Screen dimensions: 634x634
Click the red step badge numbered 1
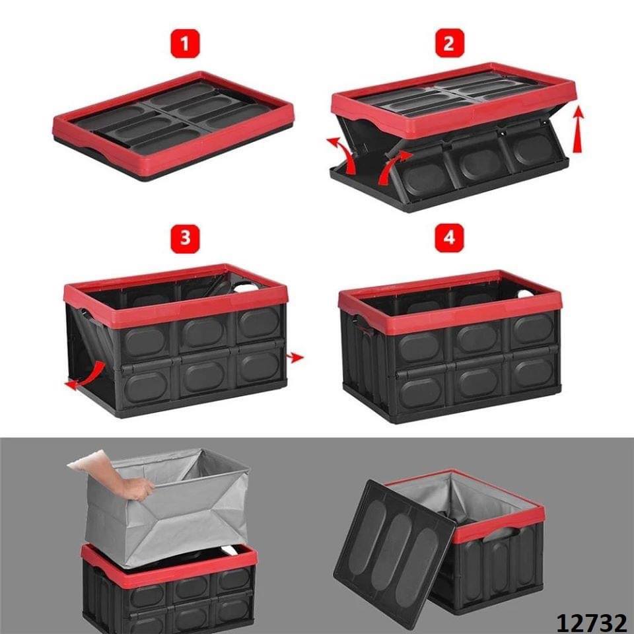pyautogui.click(x=185, y=44)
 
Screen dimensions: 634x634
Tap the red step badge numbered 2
pyautogui.click(x=450, y=44)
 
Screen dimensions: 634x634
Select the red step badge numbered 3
pyautogui.click(x=185, y=238)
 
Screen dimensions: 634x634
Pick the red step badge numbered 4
pyautogui.click(x=450, y=238)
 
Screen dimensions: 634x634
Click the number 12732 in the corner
pyautogui.click(x=591, y=623)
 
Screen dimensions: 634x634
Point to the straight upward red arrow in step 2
pyautogui.click(x=579, y=129)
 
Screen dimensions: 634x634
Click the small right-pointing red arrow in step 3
pyautogui.click(x=295, y=357)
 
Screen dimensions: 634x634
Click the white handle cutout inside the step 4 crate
pyautogui.click(x=525, y=294)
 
